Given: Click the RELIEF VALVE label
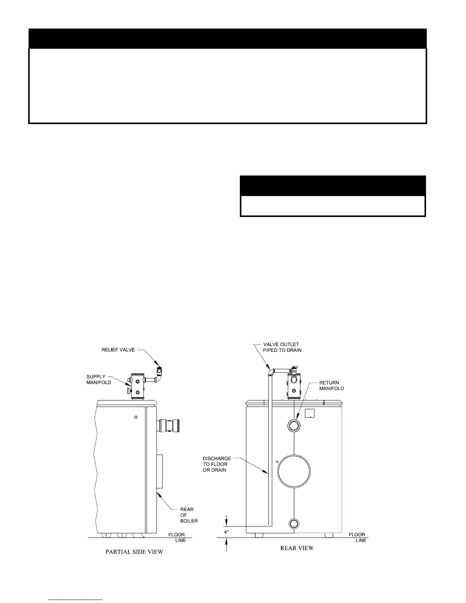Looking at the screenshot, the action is tap(118, 349).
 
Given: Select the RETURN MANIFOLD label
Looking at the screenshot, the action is tap(331, 386).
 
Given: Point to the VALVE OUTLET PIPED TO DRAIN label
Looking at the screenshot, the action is tap(282, 347).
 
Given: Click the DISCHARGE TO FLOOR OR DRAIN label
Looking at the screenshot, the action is tap(217, 464).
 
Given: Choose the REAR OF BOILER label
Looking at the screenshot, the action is tap(189, 515).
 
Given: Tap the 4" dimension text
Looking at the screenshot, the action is tap(227, 532).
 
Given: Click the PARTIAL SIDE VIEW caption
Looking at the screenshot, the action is tap(134, 552).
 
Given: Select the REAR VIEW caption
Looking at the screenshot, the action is tap(297, 548).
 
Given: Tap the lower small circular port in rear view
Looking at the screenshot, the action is tap(294, 524).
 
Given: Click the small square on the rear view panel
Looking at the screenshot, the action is tap(311, 413).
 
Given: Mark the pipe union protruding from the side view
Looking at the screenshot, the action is tap(170, 425).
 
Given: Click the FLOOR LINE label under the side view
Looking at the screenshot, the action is tap(177, 538).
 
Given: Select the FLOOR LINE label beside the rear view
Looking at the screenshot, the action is tap(357, 538).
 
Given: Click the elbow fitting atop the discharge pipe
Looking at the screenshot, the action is tap(270, 371).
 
